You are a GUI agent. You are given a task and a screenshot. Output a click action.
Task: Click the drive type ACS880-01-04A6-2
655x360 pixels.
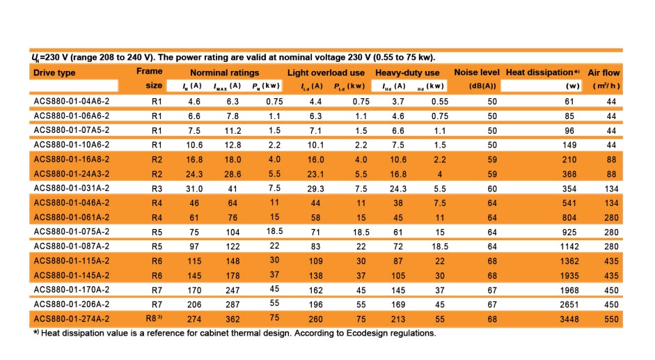(x=72, y=101)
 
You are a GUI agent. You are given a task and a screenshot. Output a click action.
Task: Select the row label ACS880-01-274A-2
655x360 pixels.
(x=72, y=318)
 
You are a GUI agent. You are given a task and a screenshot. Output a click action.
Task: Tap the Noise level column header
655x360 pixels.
(x=477, y=72)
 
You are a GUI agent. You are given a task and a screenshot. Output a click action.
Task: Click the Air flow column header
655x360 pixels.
(x=603, y=72)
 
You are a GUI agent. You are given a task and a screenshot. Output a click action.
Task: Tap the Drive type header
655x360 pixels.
(x=54, y=72)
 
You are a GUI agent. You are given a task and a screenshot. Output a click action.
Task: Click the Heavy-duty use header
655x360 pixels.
(x=407, y=72)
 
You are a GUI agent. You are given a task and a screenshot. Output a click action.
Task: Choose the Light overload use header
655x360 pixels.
(x=326, y=72)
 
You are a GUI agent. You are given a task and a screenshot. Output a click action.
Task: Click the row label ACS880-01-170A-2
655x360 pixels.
(x=72, y=290)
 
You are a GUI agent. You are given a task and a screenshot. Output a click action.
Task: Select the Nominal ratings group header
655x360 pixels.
(x=224, y=72)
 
